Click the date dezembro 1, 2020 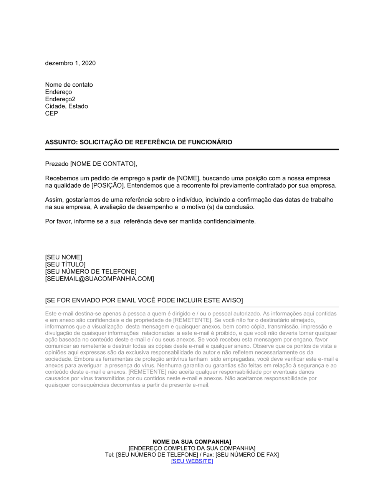[70, 63]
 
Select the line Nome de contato [69, 85]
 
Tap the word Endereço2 [60, 99]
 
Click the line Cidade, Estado [66, 106]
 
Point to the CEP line [51, 114]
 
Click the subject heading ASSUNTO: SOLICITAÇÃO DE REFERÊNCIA [139, 142]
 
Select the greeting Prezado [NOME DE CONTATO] [91, 164]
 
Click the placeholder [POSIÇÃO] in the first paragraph [108, 186]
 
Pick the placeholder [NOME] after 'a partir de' [188, 178]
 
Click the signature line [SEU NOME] [63, 257]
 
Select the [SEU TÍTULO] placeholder [65, 264]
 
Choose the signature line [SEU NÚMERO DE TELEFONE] [91, 272]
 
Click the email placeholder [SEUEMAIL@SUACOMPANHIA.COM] [99, 279]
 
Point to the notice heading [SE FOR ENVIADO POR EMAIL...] [144, 300]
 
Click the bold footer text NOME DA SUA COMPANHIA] [192, 442]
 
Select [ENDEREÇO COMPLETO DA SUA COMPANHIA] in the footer [192, 449]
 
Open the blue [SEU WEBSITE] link [192, 461]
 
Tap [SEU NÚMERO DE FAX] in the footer [247, 455]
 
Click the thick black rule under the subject [192, 149]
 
